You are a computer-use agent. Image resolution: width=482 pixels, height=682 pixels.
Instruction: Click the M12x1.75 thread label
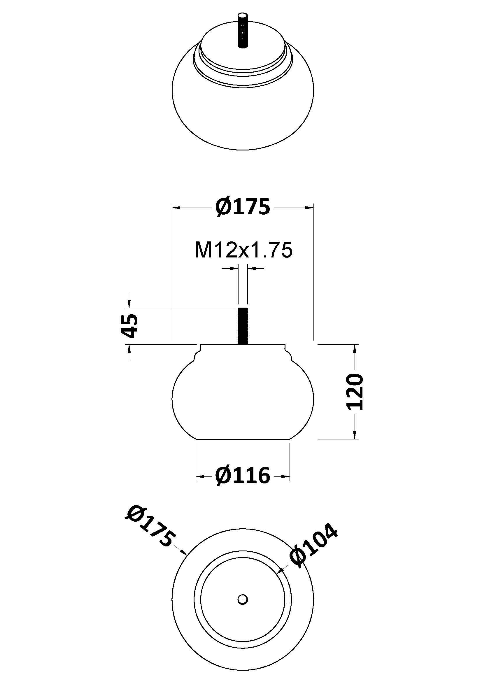pos(243,250)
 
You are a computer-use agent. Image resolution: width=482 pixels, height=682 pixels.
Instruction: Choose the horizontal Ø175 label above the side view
pos(243,207)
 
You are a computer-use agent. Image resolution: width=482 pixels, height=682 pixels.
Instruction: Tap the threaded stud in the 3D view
pos(243,30)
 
